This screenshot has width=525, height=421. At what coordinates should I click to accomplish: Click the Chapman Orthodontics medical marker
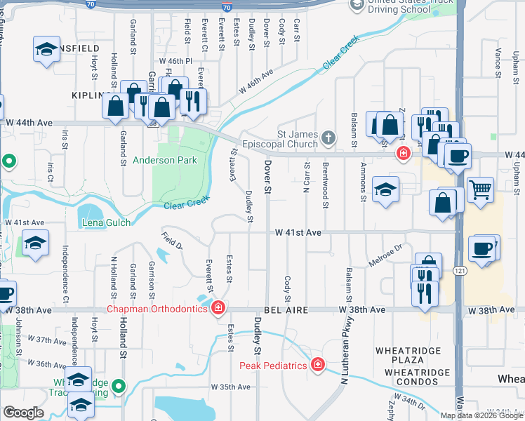click(x=219, y=307)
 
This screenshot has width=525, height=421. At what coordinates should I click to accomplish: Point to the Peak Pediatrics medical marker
click(x=317, y=365)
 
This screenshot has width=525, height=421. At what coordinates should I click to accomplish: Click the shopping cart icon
click(x=480, y=188)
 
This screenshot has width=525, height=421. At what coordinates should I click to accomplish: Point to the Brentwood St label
click(x=326, y=186)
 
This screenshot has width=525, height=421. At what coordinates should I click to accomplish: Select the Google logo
click(x=23, y=413)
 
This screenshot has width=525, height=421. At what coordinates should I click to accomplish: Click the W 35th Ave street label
click(x=230, y=387)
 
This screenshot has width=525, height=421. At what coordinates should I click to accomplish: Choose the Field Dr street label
click(x=171, y=241)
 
